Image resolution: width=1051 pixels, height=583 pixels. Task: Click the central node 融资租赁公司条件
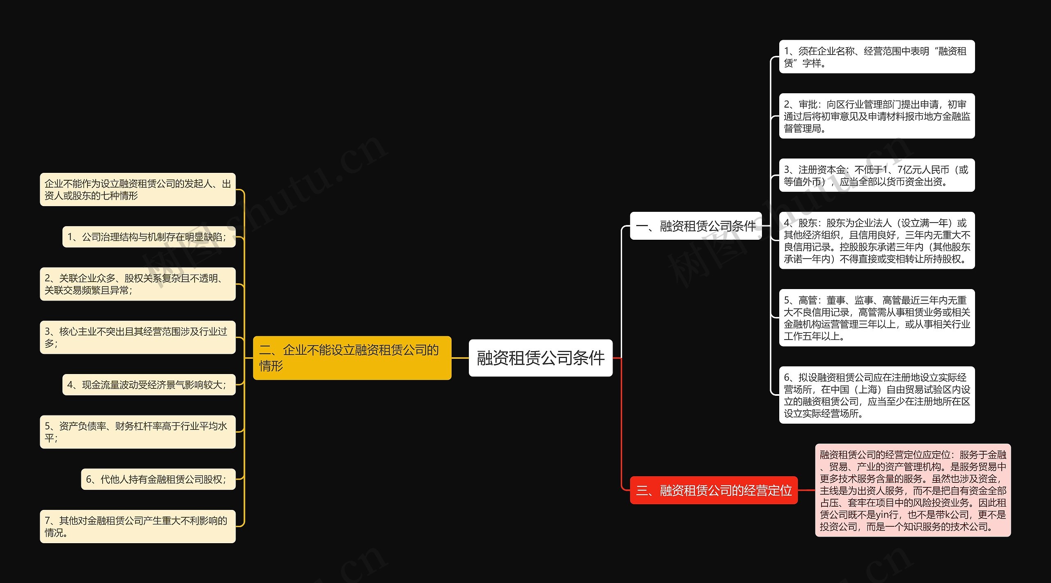tap(540, 358)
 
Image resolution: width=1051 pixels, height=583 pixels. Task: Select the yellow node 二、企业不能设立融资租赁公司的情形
tap(352, 358)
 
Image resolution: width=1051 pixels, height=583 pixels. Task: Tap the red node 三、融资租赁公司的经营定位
tap(714, 490)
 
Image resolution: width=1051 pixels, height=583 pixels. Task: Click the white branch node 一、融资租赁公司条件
tap(695, 226)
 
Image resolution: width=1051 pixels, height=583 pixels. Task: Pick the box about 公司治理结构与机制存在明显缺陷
tap(149, 237)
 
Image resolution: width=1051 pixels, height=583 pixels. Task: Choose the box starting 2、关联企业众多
tap(138, 284)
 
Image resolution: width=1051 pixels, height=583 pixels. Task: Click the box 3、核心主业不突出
tap(138, 337)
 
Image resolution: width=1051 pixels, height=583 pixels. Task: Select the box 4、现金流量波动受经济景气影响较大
tap(149, 385)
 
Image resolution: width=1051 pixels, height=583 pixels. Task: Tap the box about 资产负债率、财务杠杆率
tap(138, 432)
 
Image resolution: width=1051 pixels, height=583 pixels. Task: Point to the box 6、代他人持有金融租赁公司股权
tap(158, 479)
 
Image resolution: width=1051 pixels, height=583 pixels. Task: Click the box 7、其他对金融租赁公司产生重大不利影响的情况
tap(138, 526)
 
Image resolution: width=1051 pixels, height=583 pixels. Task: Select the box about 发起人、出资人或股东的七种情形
tap(138, 190)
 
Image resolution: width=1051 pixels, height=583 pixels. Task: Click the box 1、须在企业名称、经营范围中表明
tap(877, 57)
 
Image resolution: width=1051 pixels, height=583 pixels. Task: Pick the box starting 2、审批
tap(877, 116)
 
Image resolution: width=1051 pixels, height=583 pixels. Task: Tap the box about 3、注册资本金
tap(877, 175)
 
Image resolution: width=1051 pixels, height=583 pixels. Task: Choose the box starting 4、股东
tap(877, 241)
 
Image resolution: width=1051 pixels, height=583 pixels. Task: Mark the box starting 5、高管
tap(877, 318)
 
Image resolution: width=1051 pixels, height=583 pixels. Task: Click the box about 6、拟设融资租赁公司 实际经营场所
tap(877, 395)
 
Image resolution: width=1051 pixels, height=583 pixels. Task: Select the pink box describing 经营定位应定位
tap(913, 490)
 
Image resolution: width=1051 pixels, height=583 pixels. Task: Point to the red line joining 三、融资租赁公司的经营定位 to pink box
tap(806, 490)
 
